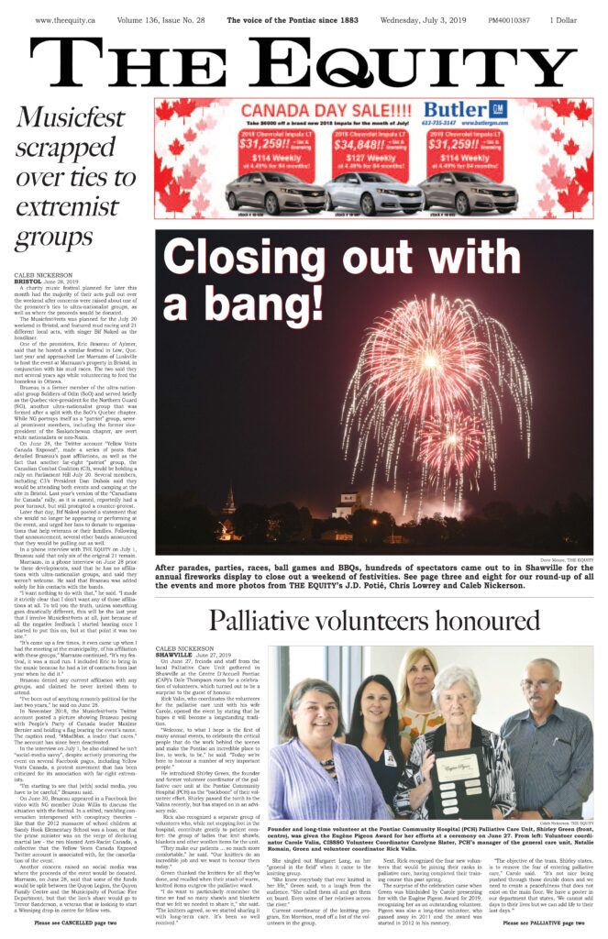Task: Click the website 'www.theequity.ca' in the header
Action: [x=67, y=18]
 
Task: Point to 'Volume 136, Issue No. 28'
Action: [x=169, y=18]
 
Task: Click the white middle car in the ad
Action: [x=359, y=193]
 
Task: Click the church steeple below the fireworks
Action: [x=229, y=501]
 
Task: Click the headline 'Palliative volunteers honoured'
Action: [x=375, y=620]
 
